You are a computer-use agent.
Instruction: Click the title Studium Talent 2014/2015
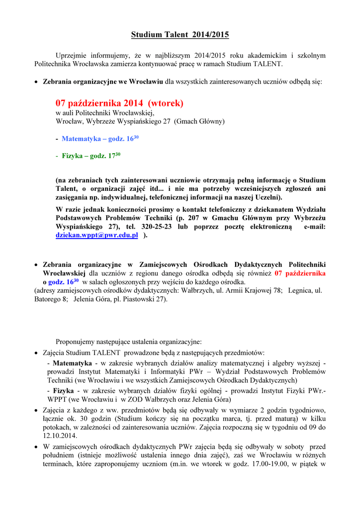click(180, 35)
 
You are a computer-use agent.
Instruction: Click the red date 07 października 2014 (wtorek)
click(119, 103)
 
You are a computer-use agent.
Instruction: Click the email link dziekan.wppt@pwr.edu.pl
click(96, 235)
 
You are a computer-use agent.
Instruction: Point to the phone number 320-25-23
click(164, 227)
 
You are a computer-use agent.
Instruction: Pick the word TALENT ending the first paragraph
click(269, 65)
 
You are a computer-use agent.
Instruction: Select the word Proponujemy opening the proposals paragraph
click(79, 342)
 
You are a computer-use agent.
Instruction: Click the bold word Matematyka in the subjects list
click(73, 363)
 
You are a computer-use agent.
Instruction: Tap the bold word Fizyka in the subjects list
click(64, 391)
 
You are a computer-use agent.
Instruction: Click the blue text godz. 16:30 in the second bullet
click(64, 282)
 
